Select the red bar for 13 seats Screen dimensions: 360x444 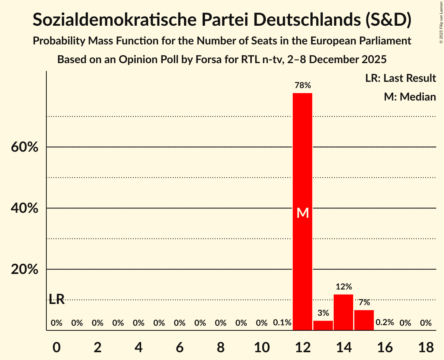click(323, 325)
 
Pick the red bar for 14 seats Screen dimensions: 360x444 click(343, 312)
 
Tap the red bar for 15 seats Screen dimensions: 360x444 click(364, 320)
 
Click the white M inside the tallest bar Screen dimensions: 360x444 click(302, 213)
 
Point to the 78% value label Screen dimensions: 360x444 click(302, 85)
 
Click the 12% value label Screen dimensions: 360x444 click(343, 287)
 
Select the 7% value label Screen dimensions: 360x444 click(364, 302)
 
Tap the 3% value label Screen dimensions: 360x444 click(323, 313)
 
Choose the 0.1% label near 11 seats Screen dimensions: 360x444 click(282, 323)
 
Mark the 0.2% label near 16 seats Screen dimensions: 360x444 click(385, 323)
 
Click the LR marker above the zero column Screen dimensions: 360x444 click(57, 299)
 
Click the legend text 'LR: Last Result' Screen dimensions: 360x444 click(400, 78)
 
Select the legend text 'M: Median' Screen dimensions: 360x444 click(410, 97)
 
